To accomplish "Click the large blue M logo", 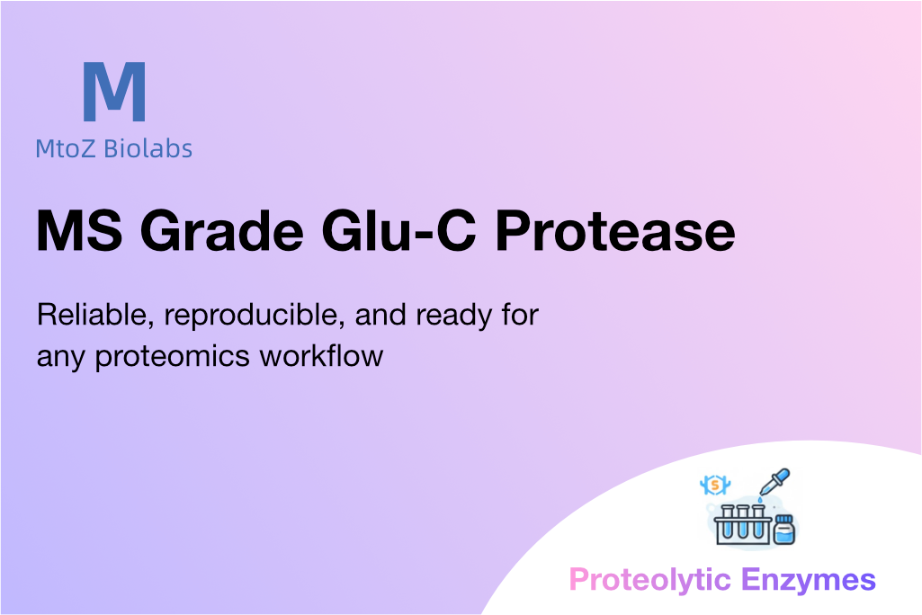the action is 114,92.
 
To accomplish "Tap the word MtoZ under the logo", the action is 66,148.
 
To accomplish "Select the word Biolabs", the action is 148,148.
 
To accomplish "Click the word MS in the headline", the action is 80,230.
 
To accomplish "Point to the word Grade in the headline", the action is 222,230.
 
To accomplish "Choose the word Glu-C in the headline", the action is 398,230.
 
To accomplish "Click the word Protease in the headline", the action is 615,230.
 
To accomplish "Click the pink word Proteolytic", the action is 649,580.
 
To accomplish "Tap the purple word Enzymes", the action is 809,580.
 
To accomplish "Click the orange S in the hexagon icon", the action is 715,485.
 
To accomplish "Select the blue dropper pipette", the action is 774,482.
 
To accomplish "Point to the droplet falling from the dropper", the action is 760,500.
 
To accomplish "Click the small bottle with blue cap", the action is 783,530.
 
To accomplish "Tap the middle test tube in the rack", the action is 743,522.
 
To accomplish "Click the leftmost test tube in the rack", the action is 728,522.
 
